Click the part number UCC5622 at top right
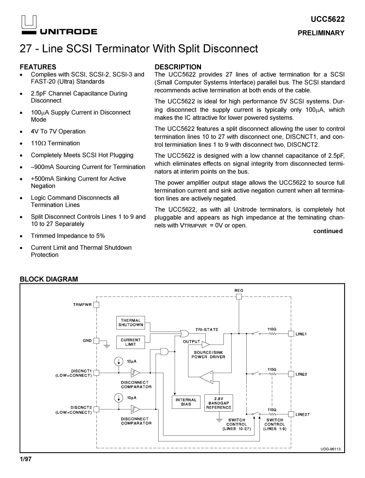(x=328, y=19)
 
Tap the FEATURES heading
(x=37, y=67)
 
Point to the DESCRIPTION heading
(x=178, y=67)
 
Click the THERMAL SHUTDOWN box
(x=131, y=322)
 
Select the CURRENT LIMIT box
(x=131, y=343)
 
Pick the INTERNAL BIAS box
(x=185, y=402)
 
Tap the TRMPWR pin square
(x=96, y=305)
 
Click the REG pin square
(x=238, y=297)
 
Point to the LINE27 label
(x=303, y=414)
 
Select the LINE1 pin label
(x=302, y=334)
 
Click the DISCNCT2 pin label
(x=81, y=407)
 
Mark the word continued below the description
(x=328, y=231)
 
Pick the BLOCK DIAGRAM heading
(x=48, y=279)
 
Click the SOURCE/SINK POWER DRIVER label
(x=209, y=354)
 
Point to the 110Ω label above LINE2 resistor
(x=273, y=369)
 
